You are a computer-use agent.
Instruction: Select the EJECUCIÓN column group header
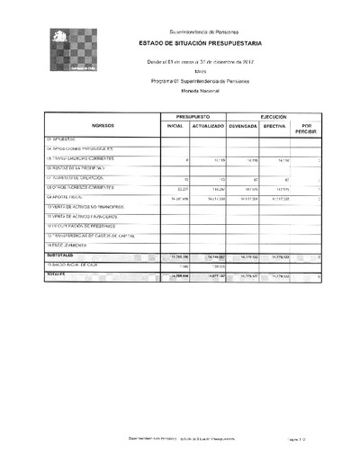[x=274, y=118]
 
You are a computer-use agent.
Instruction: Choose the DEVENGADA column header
[x=243, y=128]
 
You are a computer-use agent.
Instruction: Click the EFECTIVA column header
[x=274, y=128]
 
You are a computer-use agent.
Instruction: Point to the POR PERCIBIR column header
[x=307, y=128]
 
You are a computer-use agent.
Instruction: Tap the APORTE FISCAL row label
[x=67, y=197]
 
